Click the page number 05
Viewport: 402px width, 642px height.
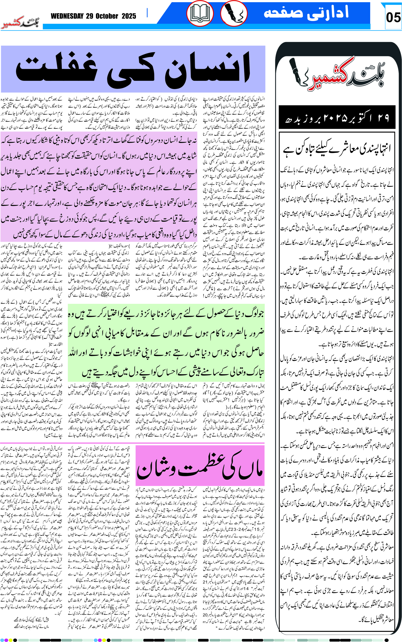tap(393, 18)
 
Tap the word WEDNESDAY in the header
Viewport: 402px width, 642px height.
tap(67, 16)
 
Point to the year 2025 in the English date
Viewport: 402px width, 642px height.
tap(129, 16)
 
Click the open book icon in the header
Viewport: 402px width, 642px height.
tap(200, 13)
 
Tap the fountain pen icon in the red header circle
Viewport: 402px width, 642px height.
tap(234, 13)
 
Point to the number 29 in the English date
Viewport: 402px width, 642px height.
tap(89, 16)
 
